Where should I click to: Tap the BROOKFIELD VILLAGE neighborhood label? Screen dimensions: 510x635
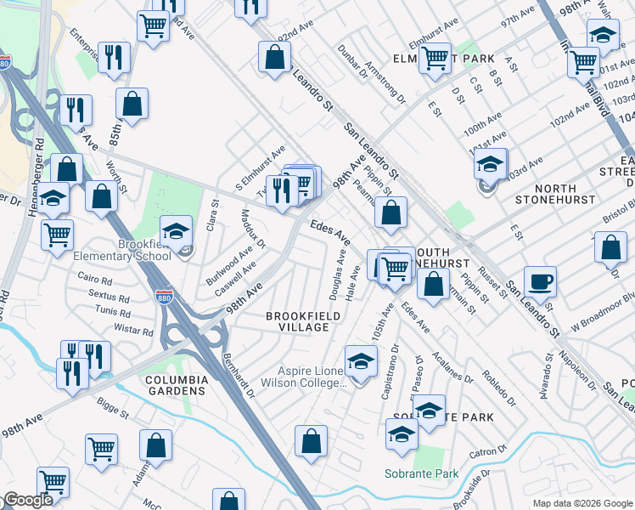[297, 321]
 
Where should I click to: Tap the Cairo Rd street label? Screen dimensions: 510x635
[94, 280]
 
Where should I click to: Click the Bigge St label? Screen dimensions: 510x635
[111, 407]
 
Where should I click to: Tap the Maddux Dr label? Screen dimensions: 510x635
[253, 229]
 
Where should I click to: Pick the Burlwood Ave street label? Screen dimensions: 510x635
[228, 267]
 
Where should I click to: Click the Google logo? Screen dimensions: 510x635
[27, 501]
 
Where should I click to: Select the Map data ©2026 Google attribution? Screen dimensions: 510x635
[582, 503]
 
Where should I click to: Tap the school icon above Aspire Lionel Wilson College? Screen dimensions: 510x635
[361, 360]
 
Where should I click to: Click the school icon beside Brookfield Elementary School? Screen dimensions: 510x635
[176, 231]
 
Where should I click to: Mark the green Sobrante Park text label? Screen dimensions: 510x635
[421, 473]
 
